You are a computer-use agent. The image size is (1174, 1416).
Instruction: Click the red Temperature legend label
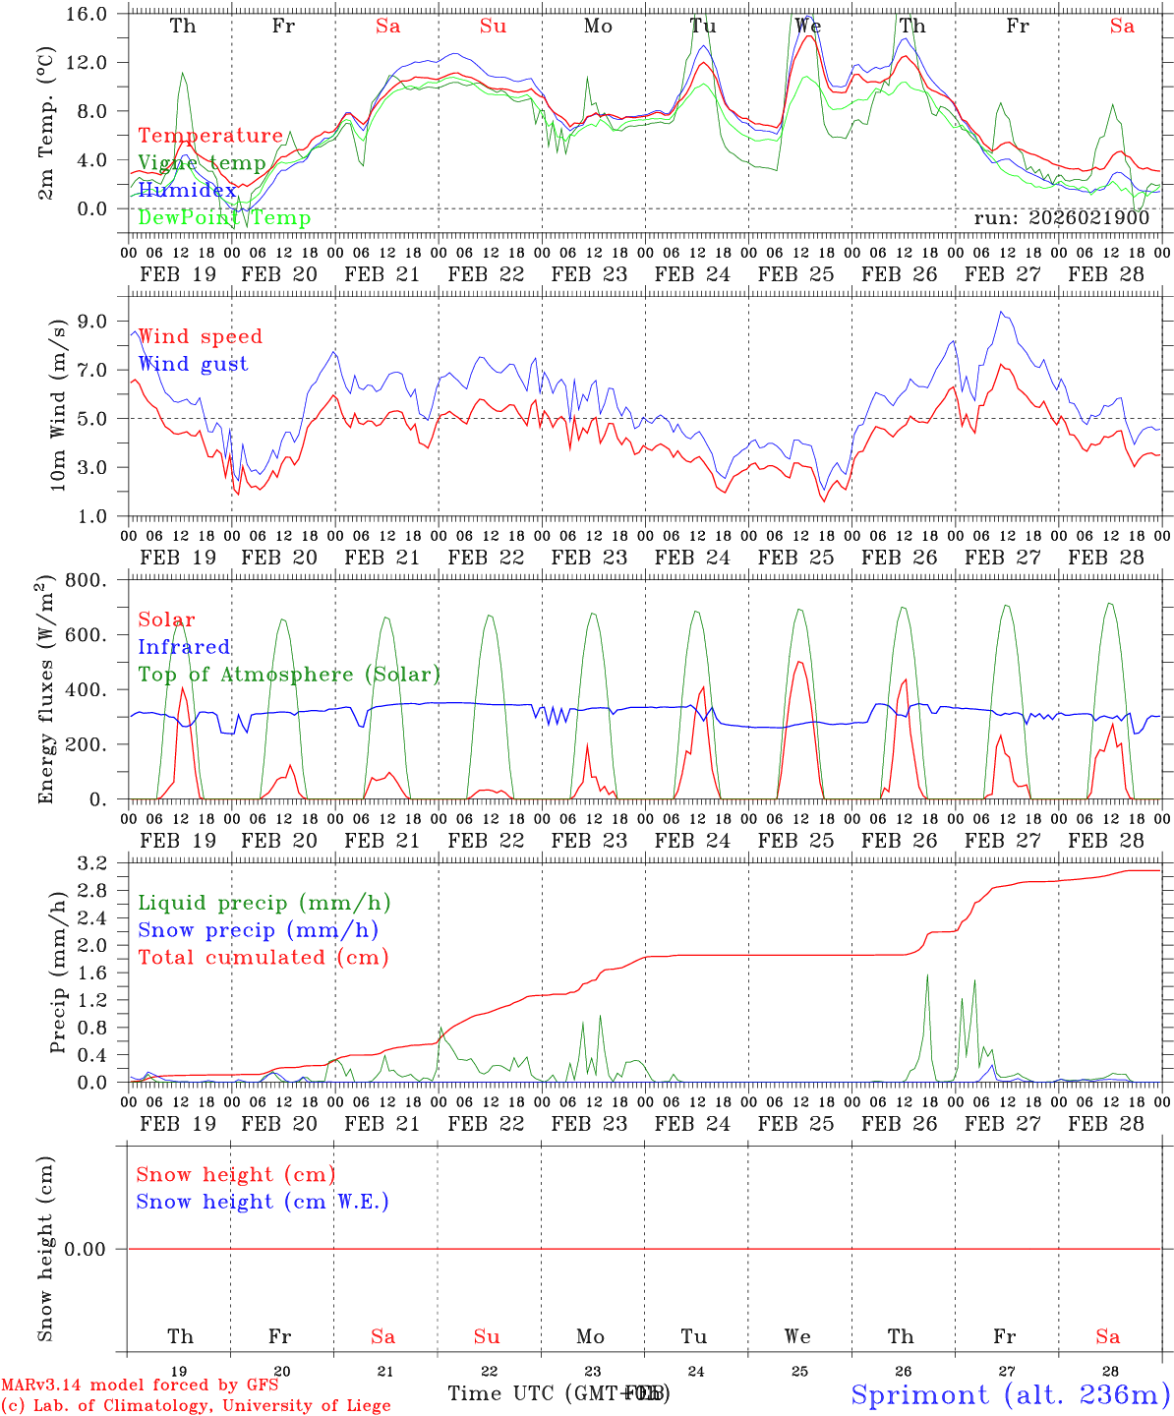click(210, 136)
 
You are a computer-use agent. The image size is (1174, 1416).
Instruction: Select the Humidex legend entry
click(187, 190)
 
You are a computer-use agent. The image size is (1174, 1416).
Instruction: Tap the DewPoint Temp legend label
click(224, 217)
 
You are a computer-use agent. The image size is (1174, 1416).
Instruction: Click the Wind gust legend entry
click(193, 364)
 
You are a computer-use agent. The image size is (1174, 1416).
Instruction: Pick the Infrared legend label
click(184, 647)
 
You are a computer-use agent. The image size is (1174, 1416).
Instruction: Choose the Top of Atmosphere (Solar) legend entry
click(289, 675)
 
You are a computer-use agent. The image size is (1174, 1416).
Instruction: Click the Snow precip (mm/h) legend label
click(258, 930)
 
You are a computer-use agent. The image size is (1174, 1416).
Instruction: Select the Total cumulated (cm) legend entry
click(264, 958)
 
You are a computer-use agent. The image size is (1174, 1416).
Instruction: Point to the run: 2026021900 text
click(1061, 217)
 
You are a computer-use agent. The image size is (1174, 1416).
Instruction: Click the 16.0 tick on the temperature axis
click(88, 14)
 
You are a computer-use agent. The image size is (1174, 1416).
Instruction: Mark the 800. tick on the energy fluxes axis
click(88, 580)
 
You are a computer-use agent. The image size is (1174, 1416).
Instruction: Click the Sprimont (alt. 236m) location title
click(1011, 1394)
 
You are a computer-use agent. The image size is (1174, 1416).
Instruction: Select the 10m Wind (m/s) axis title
click(58, 405)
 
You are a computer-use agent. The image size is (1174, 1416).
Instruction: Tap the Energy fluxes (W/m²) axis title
click(45, 690)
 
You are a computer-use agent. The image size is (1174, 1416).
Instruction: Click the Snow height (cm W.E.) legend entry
click(263, 1202)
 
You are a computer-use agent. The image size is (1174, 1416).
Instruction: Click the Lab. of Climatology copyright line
click(197, 1405)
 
